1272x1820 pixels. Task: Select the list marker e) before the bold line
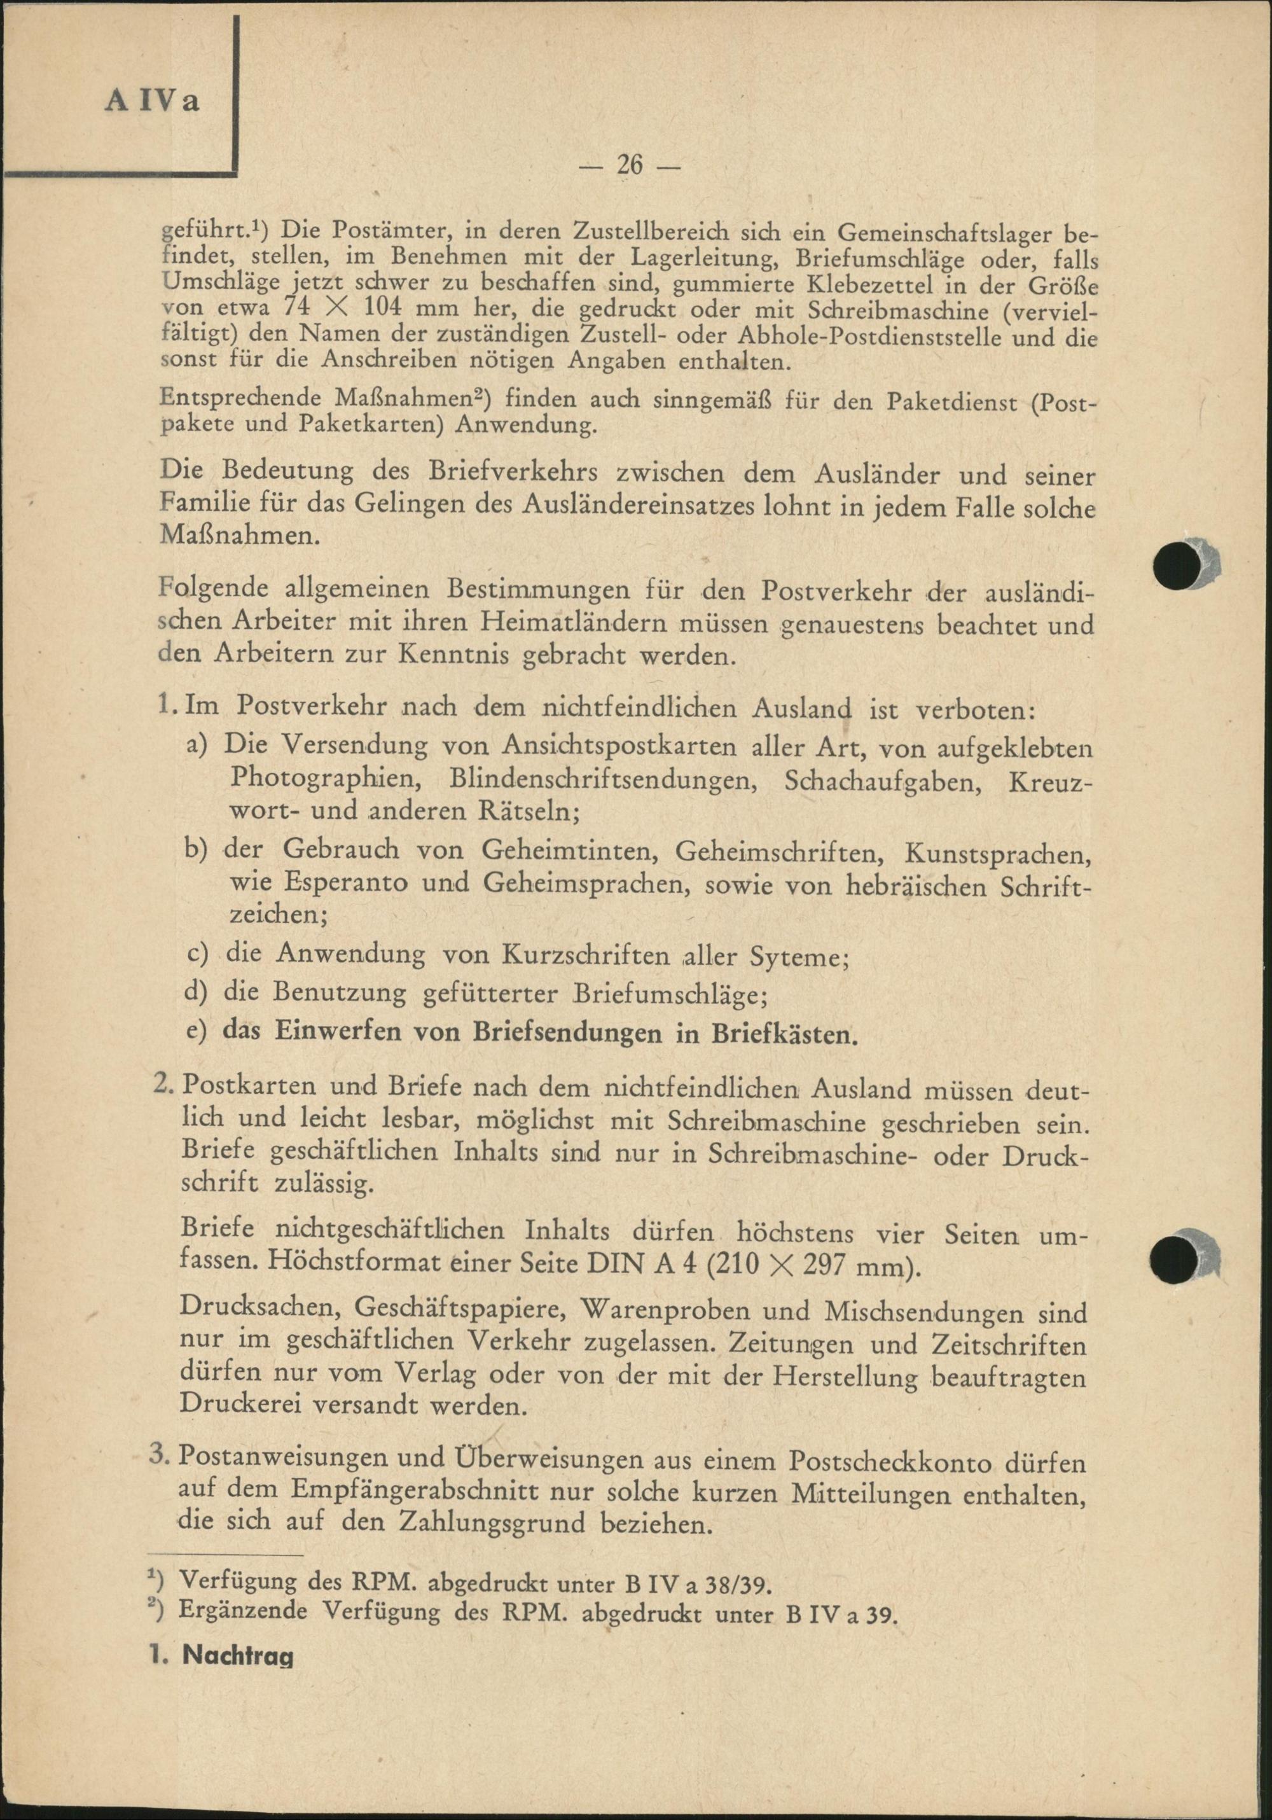pos(197,1032)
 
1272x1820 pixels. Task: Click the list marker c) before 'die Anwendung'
pos(197,955)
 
